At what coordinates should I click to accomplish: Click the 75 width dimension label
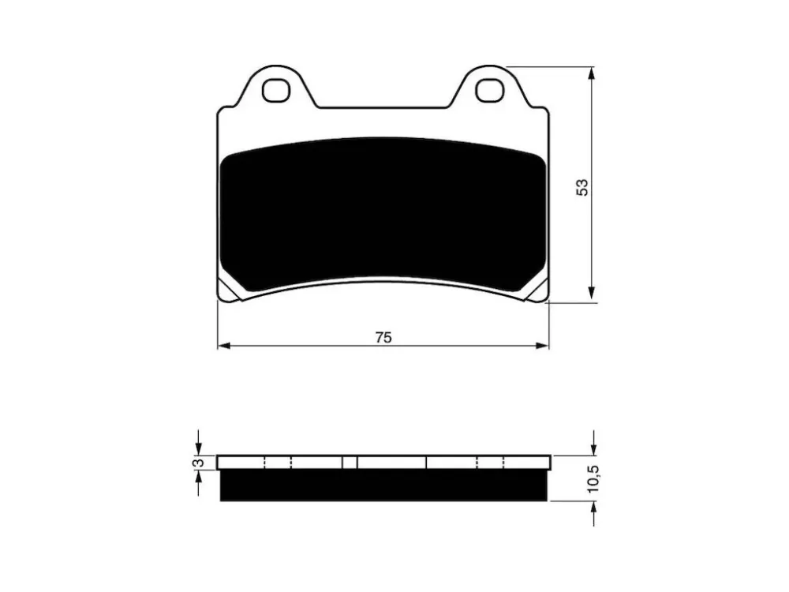coord(383,337)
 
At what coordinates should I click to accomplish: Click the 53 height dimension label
coord(582,187)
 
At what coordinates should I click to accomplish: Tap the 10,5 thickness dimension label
coord(593,478)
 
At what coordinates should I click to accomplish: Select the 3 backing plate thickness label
coord(200,462)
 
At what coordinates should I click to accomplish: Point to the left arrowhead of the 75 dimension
coord(224,346)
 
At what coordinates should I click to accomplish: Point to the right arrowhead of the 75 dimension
coord(542,346)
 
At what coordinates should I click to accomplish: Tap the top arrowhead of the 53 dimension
coord(593,73)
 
